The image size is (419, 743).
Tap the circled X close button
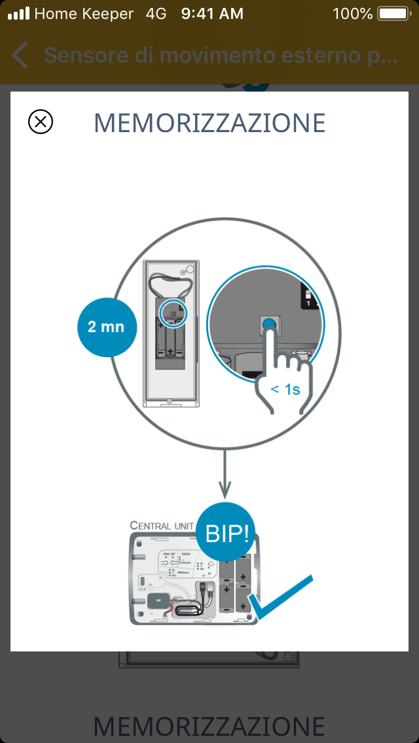[x=41, y=122]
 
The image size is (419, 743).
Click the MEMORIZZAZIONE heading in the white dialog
[x=209, y=123]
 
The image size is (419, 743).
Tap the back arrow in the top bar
[x=20, y=56]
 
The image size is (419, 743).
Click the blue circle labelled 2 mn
[x=107, y=326]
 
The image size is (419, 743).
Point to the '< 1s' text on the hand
[x=285, y=389]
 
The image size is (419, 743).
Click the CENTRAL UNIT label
[x=161, y=525]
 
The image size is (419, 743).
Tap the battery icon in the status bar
[x=393, y=13]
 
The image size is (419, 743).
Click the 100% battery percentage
[x=352, y=13]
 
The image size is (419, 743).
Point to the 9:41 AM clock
[x=212, y=13]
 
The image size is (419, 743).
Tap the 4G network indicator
[x=156, y=13]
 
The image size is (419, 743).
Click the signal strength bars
[x=18, y=13]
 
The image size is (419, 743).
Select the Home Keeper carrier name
[x=84, y=13]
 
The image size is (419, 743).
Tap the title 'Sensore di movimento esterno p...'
[x=221, y=56]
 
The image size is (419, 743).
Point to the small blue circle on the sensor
[x=173, y=312]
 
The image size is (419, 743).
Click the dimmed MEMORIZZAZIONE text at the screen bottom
[x=209, y=726]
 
